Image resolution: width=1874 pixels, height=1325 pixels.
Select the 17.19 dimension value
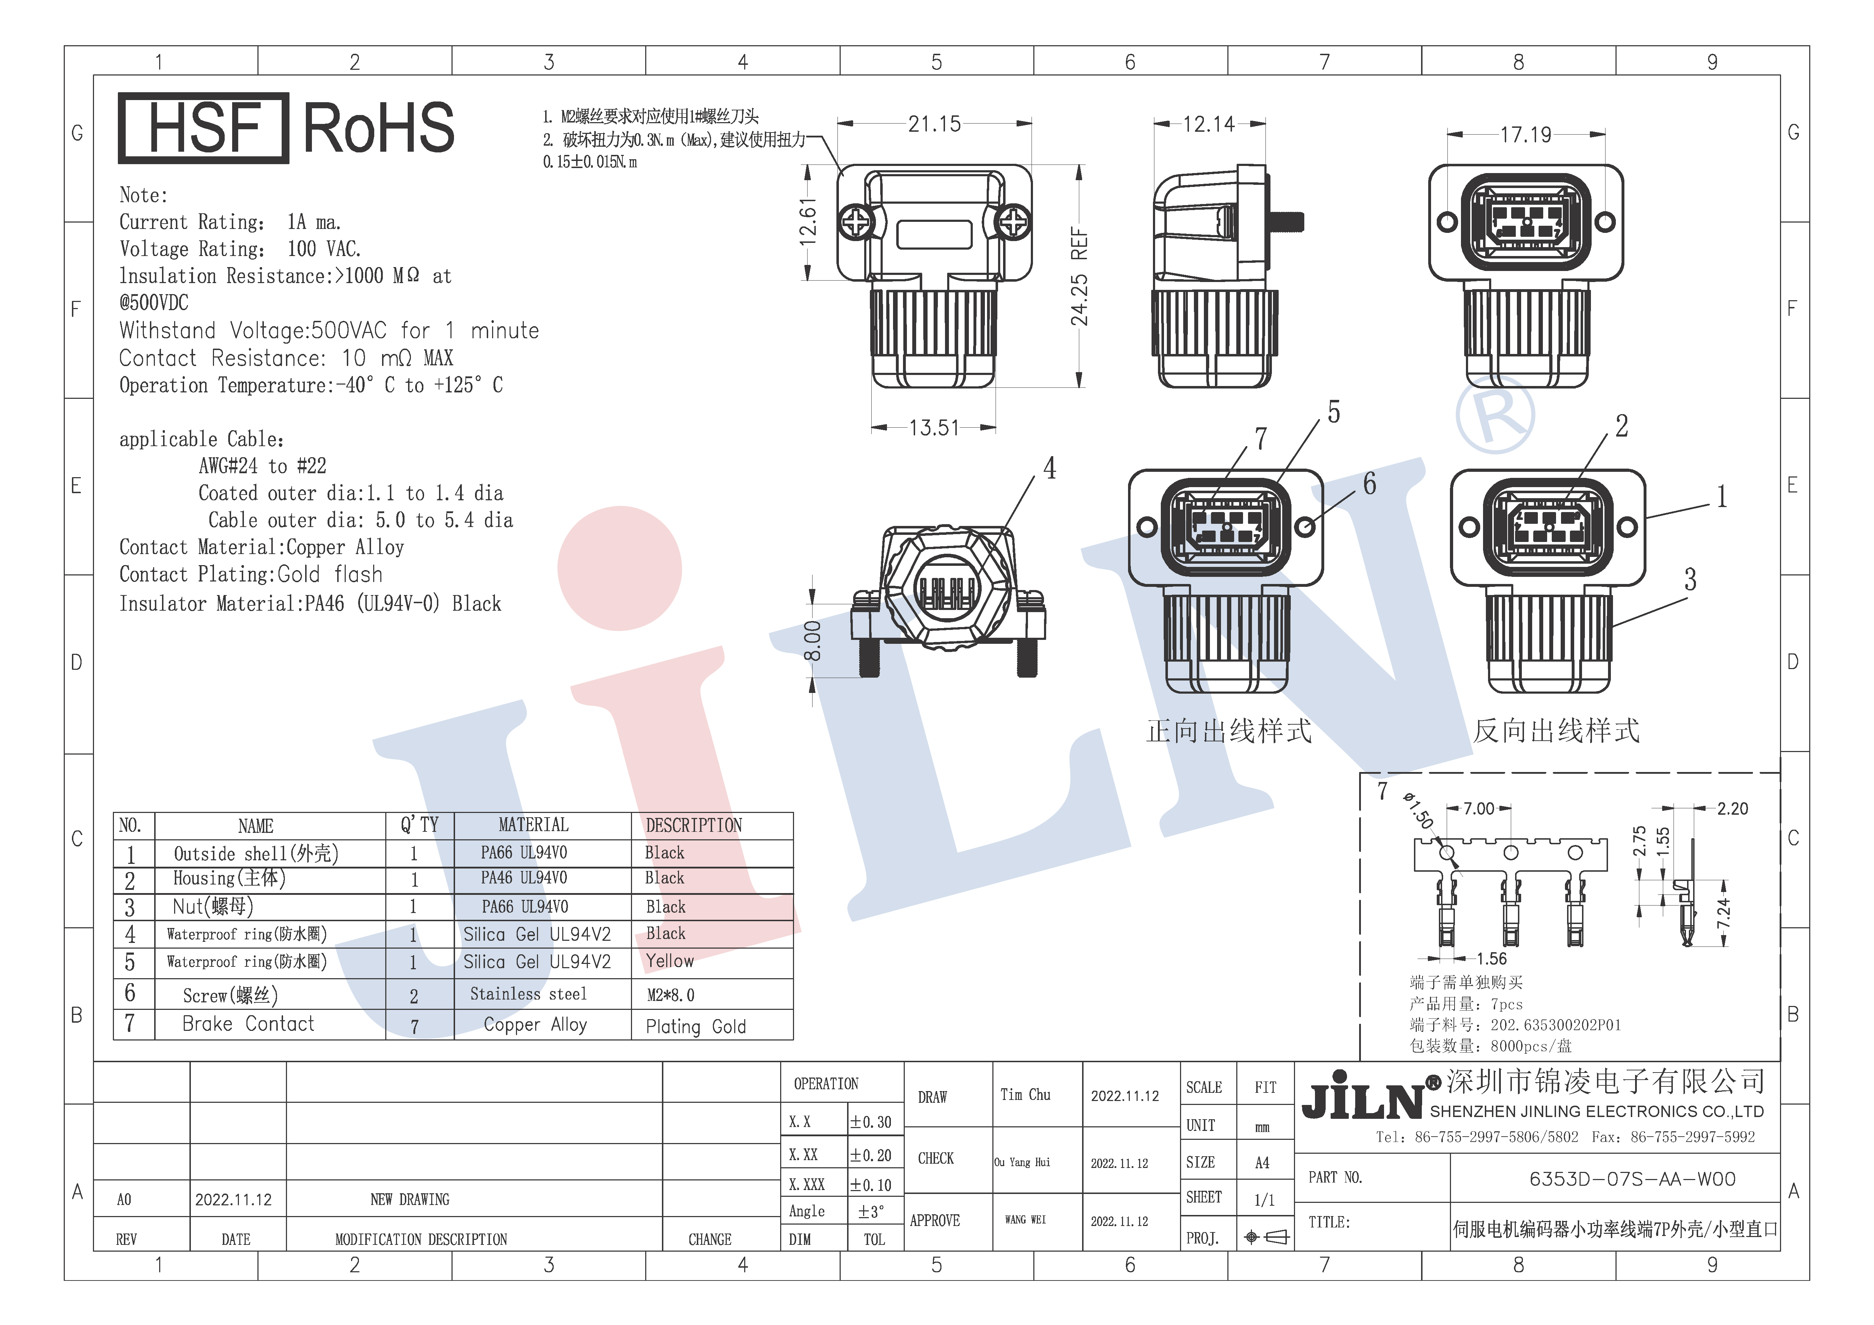point(1525,135)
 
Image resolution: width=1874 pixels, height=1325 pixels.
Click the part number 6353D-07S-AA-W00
point(1632,1179)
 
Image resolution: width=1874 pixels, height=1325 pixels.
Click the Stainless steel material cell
point(528,993)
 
